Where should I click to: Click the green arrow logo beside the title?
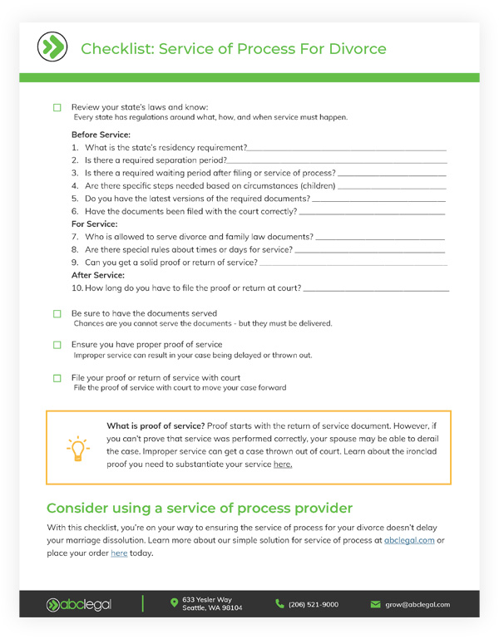(x=53, y=47)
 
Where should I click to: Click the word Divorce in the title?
(x=356, y=49)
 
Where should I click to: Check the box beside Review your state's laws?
(x=57, y=108)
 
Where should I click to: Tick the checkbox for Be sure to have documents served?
(x=57, y=314)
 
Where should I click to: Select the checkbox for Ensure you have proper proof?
(x=57, y=345)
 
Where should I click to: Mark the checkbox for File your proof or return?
(x=57, y=378)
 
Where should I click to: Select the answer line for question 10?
(x=376, y=289)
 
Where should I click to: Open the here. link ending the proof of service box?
(x=283, y=465)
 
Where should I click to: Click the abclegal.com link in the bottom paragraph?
(x=409, y=540)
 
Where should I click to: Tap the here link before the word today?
(x=119, y=553)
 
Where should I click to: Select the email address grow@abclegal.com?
(x=417, y=604)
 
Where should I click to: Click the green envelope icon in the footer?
(x=375, y=604)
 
